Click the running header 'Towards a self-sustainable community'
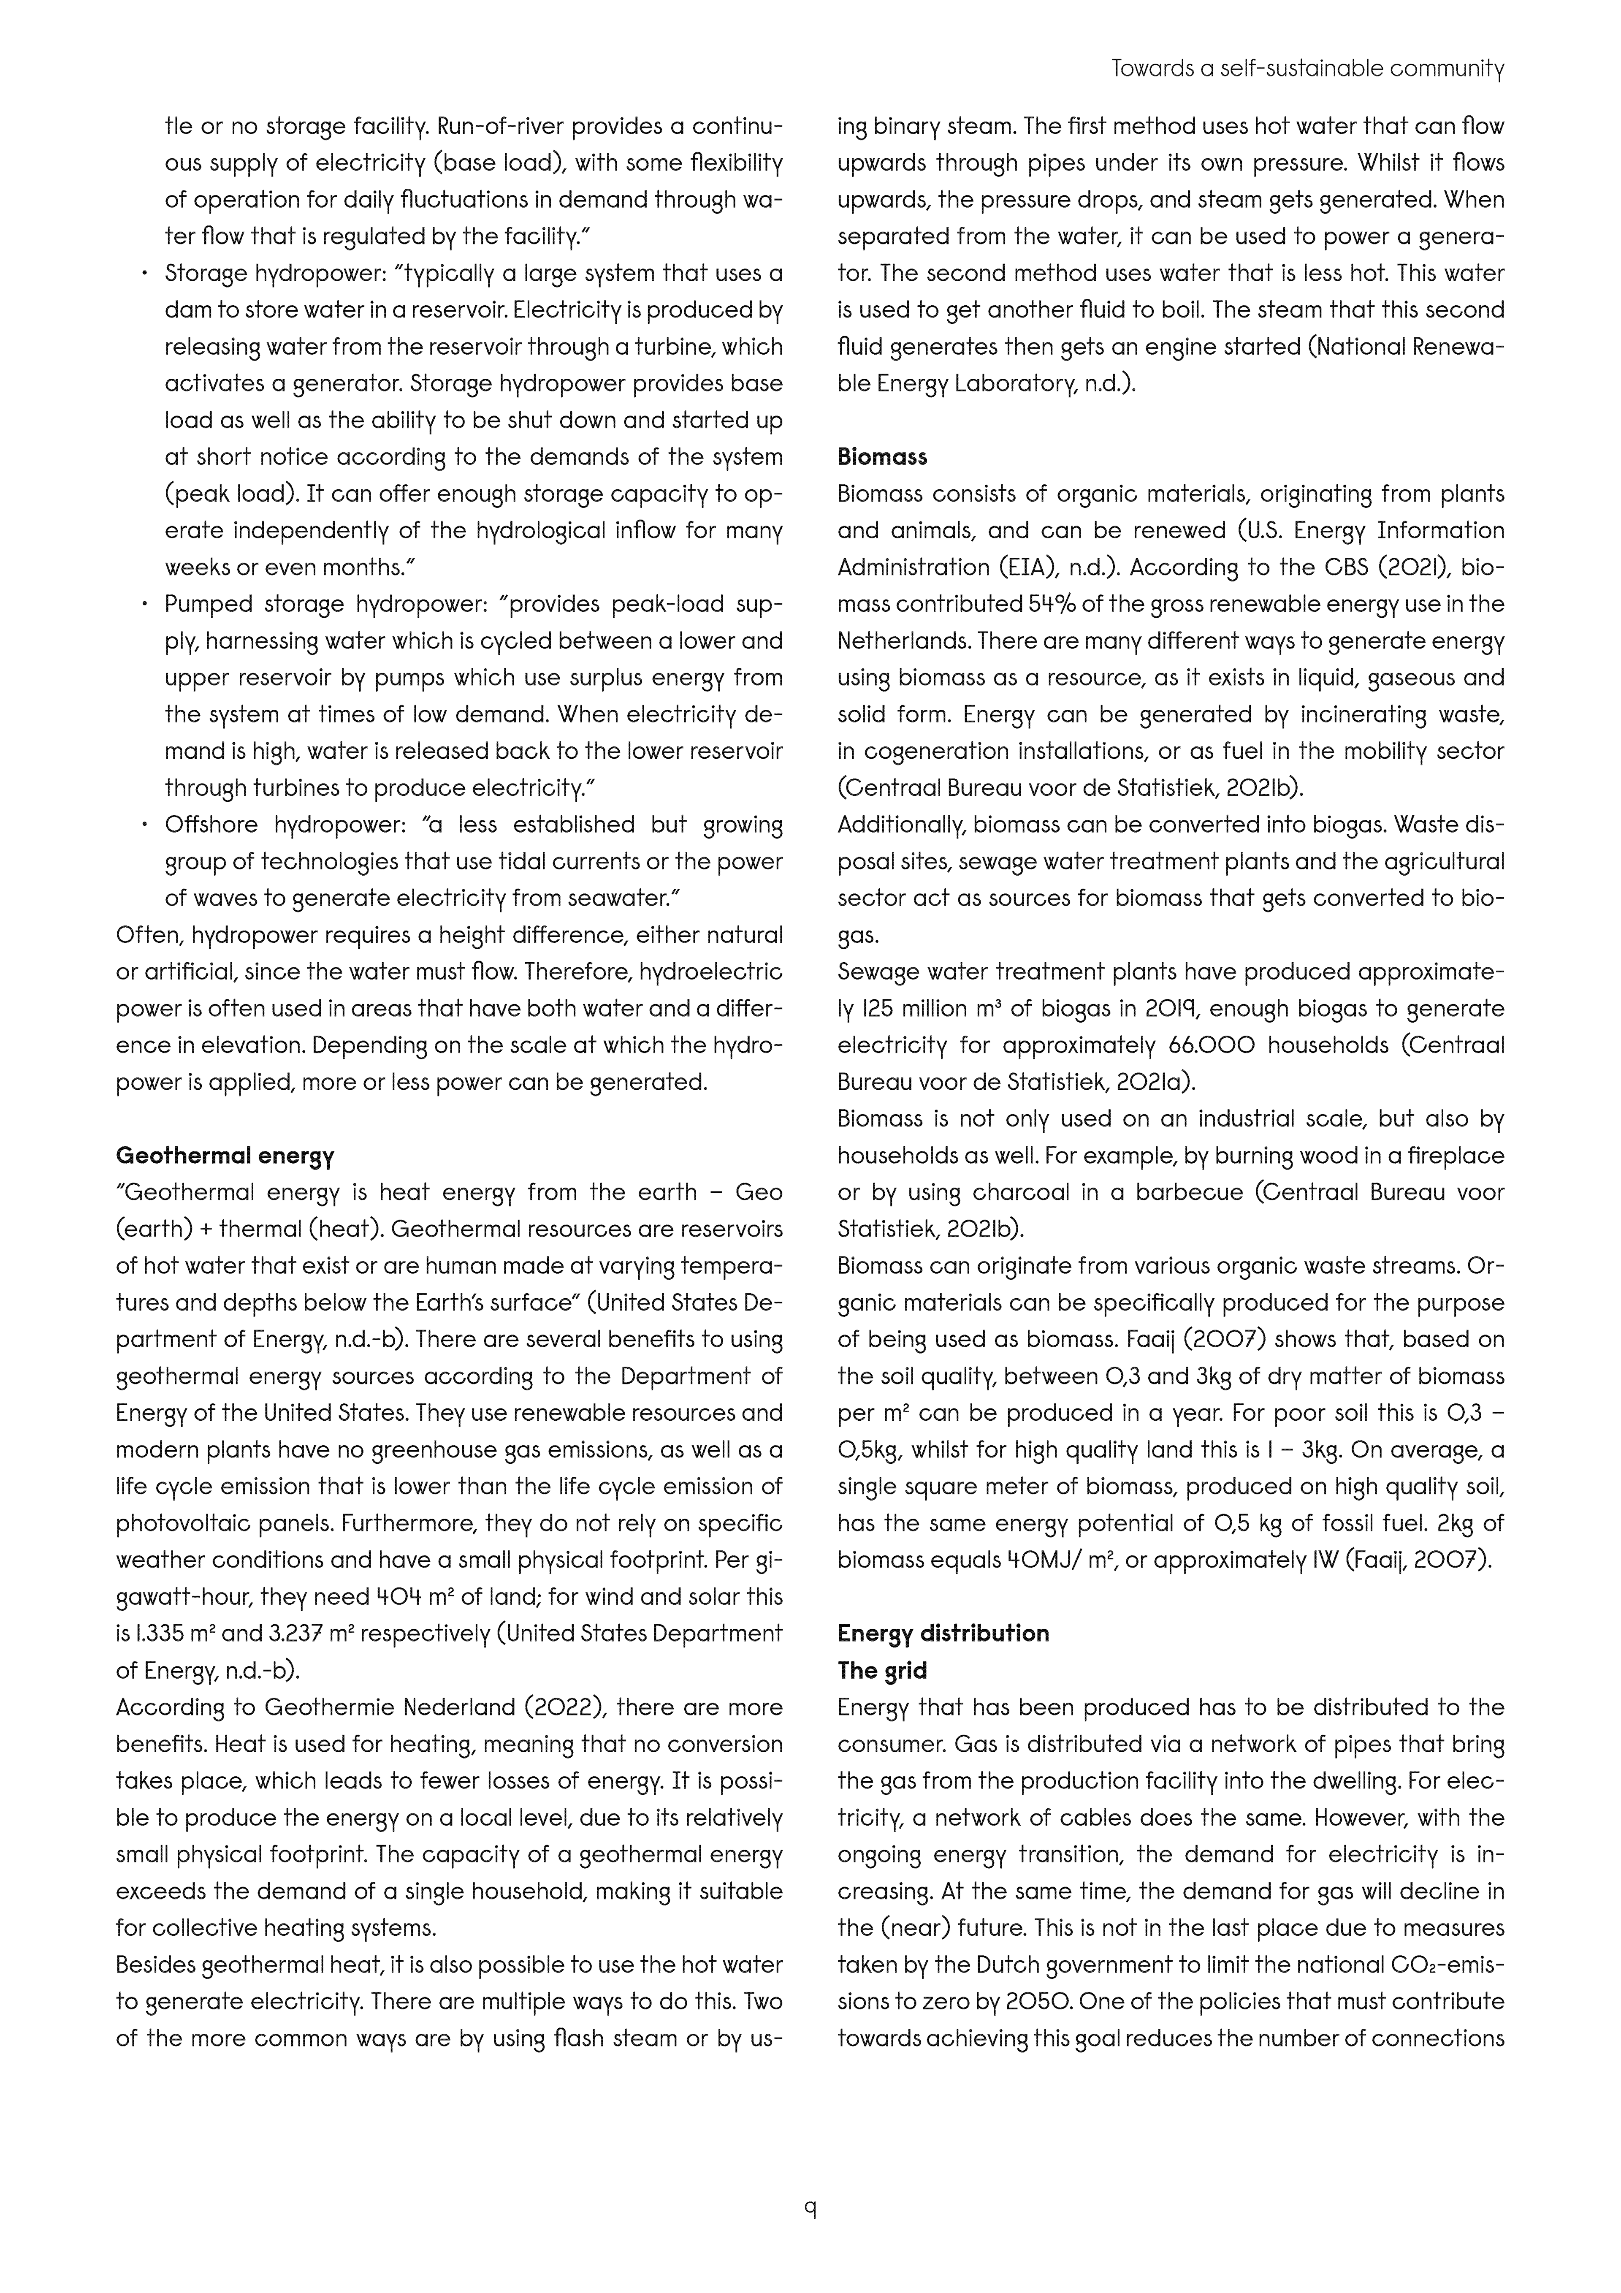1307,69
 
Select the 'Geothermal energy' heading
225,1156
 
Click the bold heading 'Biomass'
882,457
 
